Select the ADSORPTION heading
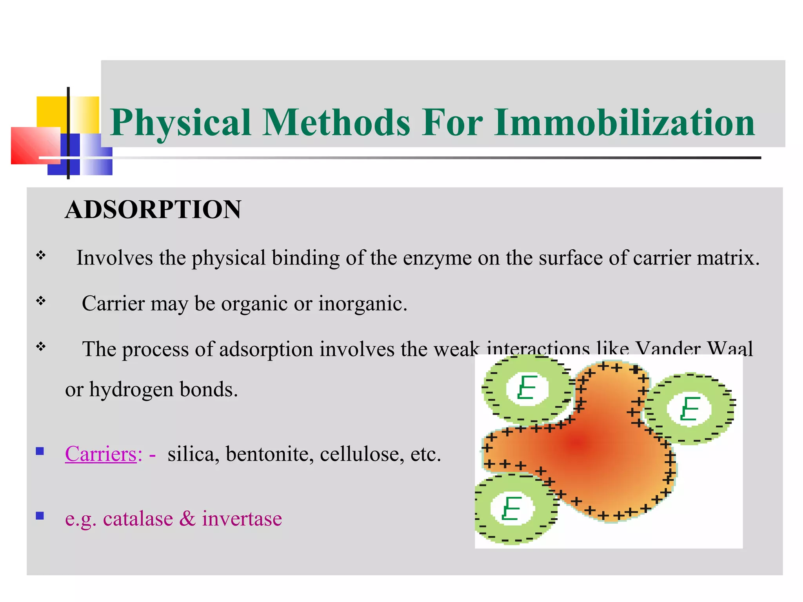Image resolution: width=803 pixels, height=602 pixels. (x=153, y=209)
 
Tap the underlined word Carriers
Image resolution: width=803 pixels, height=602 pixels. (x=101, y=454)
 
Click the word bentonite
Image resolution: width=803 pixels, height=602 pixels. (x=270, y=454)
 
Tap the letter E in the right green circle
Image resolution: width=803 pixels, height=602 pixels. (x=690, y=408)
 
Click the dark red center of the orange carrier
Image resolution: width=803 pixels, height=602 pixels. (x=578, y=443)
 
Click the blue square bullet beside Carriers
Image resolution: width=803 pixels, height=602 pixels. (x=40, y=451)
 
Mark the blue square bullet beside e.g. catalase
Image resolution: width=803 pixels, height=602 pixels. (x=40, y=515)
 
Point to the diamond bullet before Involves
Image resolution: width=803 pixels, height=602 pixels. (x=41, y=256)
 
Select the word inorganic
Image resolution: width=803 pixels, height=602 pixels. (x=363, y=303)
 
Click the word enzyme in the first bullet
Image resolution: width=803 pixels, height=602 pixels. (x=437, y=258)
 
